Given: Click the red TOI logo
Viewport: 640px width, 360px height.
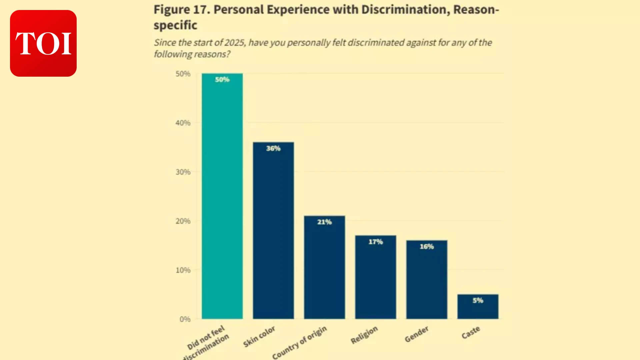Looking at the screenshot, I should point(43,43).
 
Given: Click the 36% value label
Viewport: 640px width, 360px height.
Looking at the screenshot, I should point(273,148).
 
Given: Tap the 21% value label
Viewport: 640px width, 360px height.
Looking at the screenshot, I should point(324,222).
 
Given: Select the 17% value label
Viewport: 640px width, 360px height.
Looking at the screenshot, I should point(375,242).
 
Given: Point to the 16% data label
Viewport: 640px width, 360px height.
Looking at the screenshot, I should point(427,247).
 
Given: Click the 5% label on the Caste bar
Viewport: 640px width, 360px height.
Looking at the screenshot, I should point(478,300).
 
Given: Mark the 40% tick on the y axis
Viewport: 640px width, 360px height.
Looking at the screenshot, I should point(183,123).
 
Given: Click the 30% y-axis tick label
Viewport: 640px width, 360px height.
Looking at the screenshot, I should point(183,172).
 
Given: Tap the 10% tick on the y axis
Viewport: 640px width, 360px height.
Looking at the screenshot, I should point(183,270).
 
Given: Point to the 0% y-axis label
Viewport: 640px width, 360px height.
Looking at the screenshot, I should point(185,319).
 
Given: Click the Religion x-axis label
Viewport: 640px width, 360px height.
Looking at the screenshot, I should point(364,335).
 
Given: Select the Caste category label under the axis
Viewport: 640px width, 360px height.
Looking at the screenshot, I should point(471,333).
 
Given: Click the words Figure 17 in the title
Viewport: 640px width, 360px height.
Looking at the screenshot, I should point(181,10).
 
